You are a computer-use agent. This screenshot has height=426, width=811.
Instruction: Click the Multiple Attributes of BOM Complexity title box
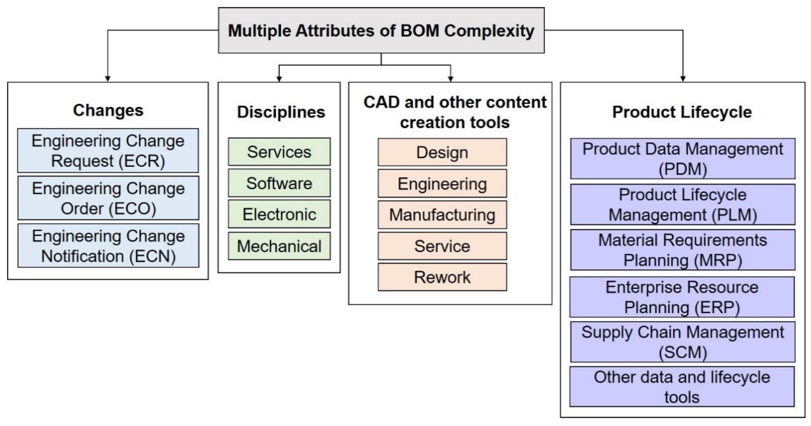381,30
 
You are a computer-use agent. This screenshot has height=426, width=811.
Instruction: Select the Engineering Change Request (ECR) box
108,151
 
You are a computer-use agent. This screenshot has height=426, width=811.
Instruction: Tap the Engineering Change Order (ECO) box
108,198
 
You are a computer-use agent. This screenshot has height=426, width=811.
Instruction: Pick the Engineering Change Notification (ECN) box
108,245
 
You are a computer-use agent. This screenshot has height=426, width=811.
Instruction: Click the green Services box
279,152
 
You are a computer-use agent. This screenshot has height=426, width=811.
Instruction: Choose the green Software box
279,183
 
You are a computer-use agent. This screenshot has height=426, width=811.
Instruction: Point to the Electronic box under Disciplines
279,214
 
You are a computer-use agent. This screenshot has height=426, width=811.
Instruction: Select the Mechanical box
279,246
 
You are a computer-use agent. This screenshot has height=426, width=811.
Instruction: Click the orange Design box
442,152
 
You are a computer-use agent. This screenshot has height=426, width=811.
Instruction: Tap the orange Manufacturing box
442,215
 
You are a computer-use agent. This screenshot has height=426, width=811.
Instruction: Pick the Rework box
442,277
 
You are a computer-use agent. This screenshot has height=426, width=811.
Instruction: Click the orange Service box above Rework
442,246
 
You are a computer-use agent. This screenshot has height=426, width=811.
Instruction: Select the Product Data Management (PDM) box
683,159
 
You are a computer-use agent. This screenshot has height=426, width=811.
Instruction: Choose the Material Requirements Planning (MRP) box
683,250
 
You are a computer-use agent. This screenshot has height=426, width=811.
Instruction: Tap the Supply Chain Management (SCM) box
683,342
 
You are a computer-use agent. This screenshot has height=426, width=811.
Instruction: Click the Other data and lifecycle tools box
682,387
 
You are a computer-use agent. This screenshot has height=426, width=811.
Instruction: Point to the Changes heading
108,110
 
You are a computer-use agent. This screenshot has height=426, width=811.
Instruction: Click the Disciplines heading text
281,112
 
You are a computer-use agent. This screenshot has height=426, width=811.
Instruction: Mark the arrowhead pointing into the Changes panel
108,78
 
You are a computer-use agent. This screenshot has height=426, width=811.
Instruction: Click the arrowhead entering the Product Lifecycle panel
683,78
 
